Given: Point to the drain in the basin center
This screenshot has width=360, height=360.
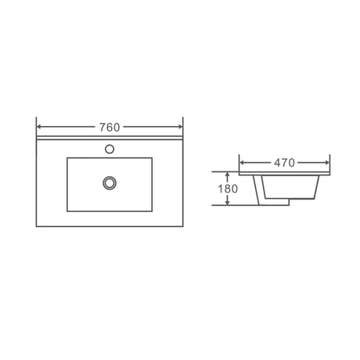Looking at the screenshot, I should click(110, 182).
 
